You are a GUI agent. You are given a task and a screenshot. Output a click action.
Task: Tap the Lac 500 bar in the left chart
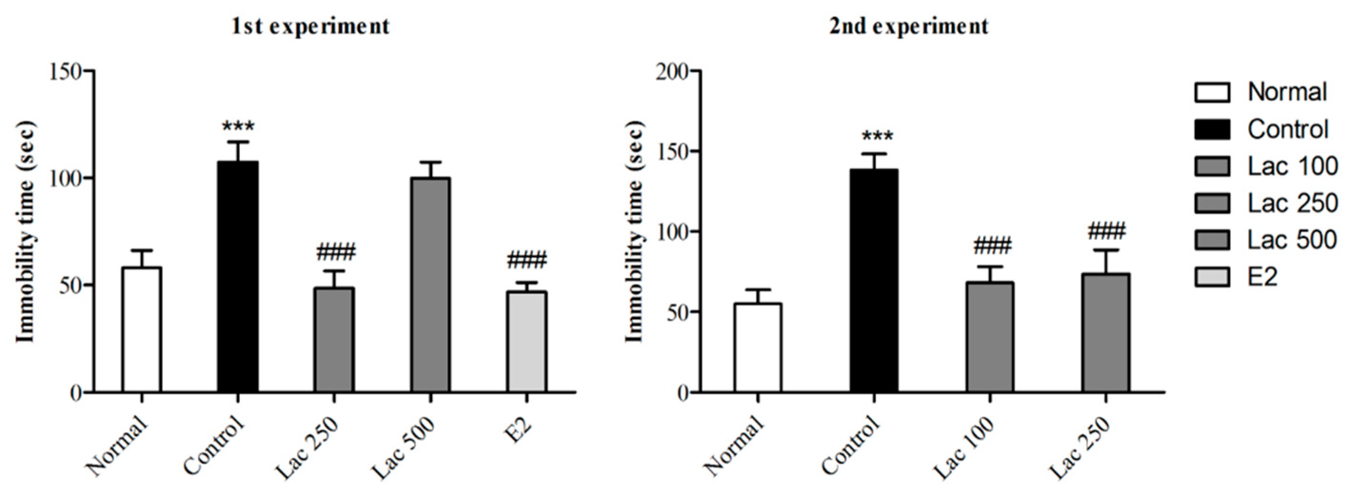[430, 285]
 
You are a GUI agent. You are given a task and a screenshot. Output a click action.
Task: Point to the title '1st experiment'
[311, 26]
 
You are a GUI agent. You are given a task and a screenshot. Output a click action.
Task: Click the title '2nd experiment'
[910, 26]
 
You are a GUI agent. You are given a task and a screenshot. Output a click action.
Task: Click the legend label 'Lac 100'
[1292, 167]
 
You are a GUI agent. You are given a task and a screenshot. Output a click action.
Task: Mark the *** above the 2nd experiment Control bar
[874, 137]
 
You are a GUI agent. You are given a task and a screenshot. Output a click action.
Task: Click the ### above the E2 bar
[526, 259]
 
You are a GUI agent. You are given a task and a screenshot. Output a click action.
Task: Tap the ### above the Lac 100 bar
[990, 244]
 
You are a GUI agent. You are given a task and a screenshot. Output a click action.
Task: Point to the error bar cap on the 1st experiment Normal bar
[141, 250]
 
